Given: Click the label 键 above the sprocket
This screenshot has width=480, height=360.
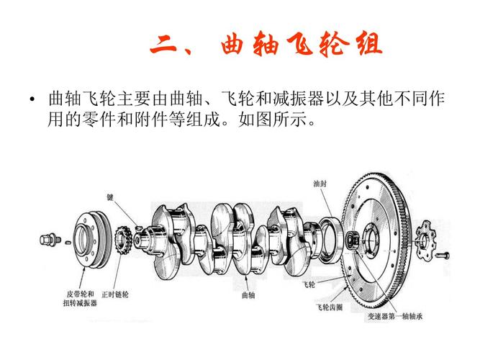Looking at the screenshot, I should coord(111,197).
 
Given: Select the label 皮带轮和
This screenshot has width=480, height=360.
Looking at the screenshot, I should coord(80,294).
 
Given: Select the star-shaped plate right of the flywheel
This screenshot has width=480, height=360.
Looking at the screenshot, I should coord(425,238).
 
